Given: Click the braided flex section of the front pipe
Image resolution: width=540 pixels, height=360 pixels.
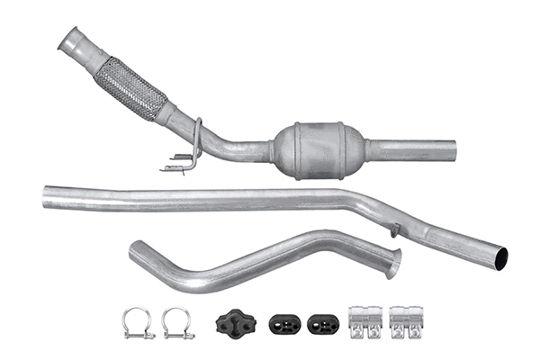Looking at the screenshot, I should tap(130, 87).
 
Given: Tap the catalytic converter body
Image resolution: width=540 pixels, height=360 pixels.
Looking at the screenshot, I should tap(319, 149).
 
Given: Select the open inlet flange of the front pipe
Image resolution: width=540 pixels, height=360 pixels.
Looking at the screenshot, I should tap(71, 41).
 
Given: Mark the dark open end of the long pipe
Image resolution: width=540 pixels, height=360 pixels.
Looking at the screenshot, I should tap(501, 258).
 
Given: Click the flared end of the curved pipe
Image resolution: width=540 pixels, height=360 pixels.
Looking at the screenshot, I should tap(392, 264).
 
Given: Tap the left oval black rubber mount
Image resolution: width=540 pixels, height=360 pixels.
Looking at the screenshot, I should tap(283, 323).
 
